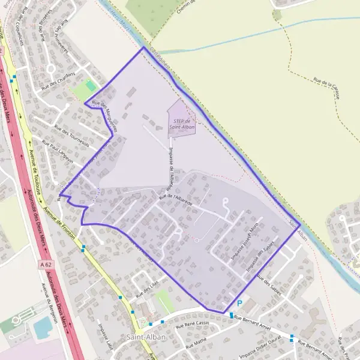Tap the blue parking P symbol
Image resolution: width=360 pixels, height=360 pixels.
tap(239, 304)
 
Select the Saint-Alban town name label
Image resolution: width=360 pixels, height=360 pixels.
tap(146, 337)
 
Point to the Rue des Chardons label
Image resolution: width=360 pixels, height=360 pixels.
tap(58, 81)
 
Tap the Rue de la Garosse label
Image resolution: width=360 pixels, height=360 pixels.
tap(330, 85)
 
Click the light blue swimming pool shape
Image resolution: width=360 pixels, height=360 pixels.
tap(43, 328)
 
